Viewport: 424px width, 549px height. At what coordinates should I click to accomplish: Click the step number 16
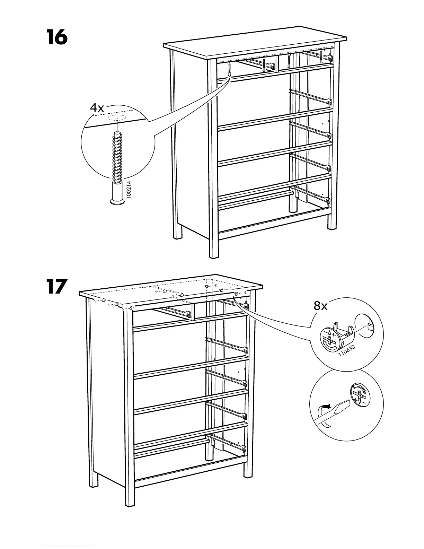tap(56, 37)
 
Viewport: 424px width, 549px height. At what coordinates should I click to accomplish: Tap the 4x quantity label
tap(97, 108)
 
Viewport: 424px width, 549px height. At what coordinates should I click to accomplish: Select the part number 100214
tap(129, 188)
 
